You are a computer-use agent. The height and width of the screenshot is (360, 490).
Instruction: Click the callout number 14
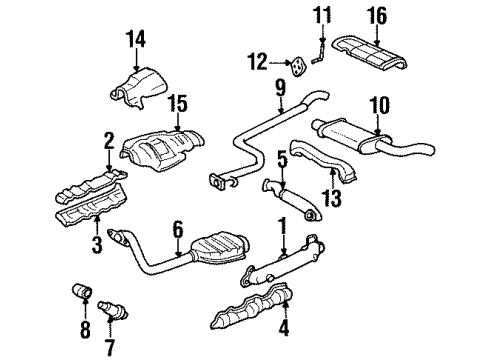136,40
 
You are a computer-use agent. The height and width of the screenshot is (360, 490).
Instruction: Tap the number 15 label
176,103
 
